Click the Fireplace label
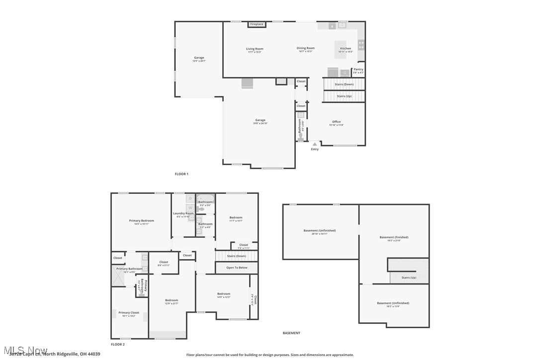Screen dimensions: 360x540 (x=257, y=24)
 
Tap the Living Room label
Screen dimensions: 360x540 (x=255, y=49)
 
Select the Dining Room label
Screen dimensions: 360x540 (x=306, y=48)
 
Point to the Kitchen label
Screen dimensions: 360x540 (x=345, y=49)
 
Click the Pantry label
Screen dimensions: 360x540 (x=358, y=70)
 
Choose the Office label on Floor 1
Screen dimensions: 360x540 (x=337, y=122)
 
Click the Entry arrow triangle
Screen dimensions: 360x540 (x=314, y=144)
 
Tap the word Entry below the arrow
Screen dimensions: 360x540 (x=315, y=149)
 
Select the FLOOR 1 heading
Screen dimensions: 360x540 (x=181, y=174)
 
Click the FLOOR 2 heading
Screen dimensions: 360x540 (x=118, y=344)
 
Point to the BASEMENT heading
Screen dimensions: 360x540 (x=291, y=333)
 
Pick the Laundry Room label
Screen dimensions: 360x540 (x=183, y=214)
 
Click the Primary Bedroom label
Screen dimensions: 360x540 (x=142, y=221)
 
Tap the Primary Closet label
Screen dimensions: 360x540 (x=129, y=313)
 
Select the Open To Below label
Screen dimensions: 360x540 (x=237, y=268)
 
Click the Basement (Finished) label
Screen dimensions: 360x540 (x=394, y=237)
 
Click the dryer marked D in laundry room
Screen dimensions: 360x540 (x=190, y=198)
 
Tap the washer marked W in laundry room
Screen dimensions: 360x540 (x=190, y=207)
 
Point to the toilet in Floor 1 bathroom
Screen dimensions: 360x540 (x=300, y=135)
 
